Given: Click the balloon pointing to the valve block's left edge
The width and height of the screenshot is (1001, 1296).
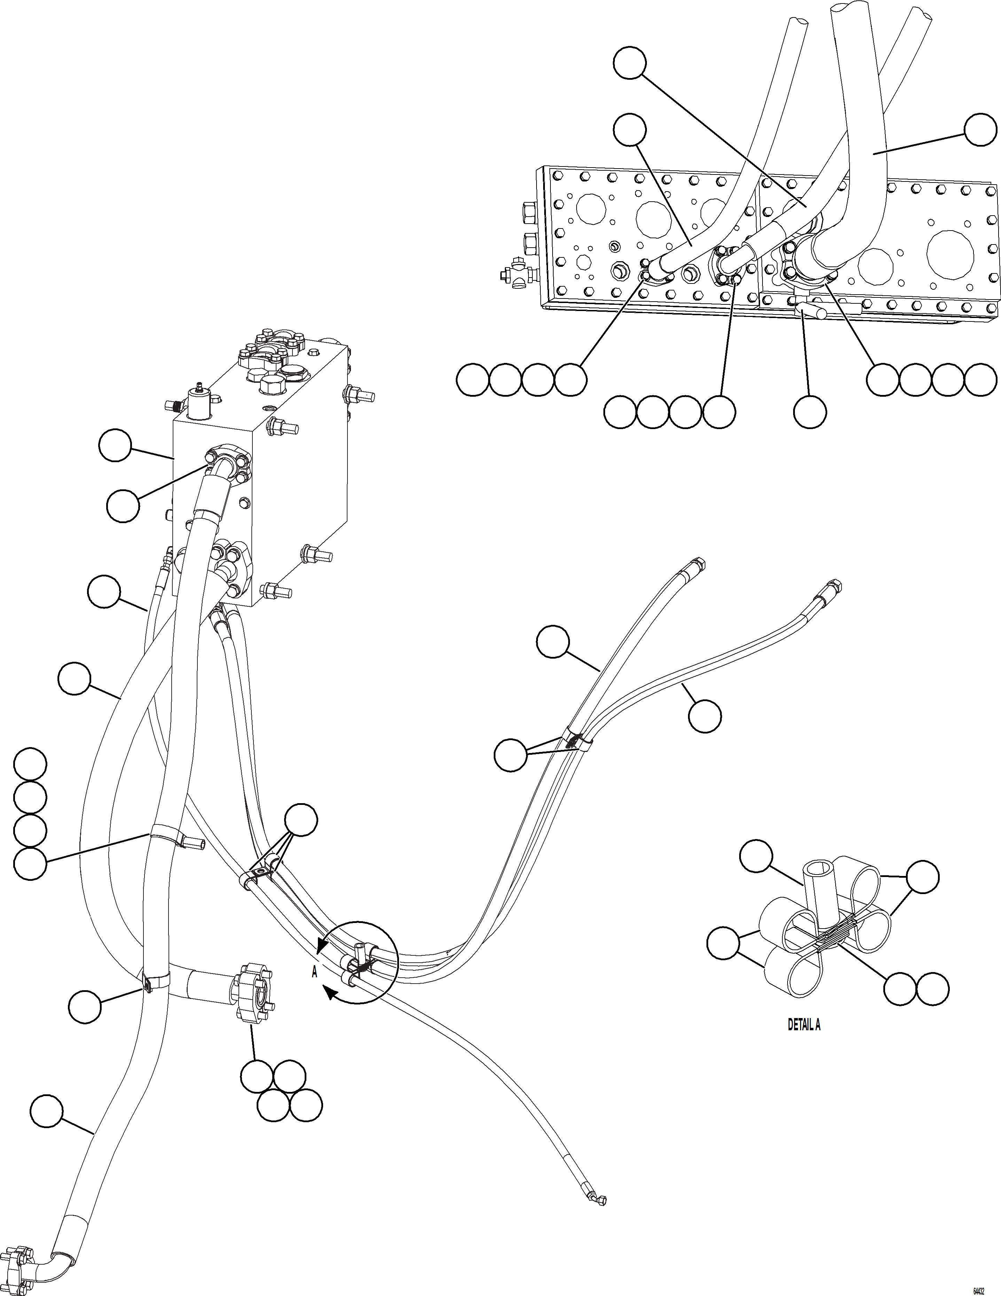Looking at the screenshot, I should click(x=115, y=446).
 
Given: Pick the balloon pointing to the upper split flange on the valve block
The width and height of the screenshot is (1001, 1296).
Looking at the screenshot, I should click(x=123, y=506).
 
